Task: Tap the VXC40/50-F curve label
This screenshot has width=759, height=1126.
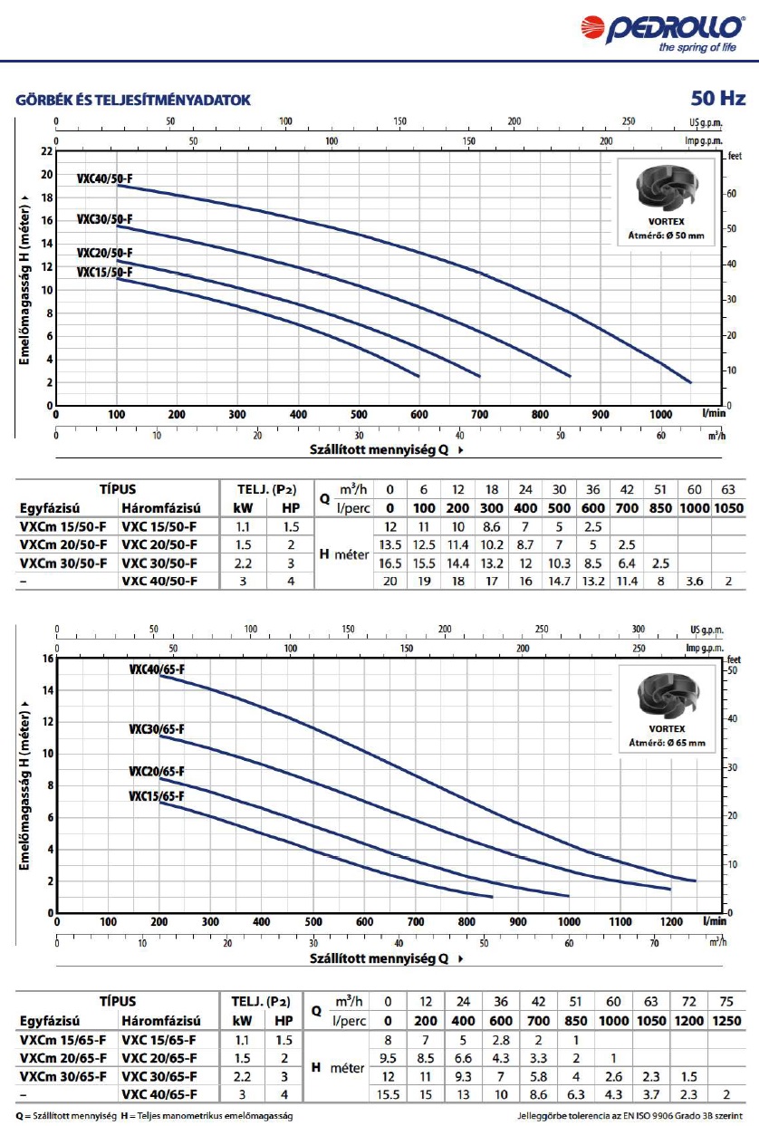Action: point(104,179)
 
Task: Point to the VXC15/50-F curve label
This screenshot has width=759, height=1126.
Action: point(104,271)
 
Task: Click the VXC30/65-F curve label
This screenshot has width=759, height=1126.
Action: point(157,728)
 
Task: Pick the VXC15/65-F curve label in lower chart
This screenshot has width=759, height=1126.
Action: point(157,796)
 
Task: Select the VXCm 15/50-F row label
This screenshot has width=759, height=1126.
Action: point(62,526)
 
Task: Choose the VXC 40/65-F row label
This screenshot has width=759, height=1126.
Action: point(159,1094)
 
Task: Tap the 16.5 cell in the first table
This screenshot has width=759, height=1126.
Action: point(389,563)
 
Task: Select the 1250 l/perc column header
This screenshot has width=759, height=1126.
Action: point(728,1021)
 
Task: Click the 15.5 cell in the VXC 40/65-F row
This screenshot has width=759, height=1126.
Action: point(389,1094)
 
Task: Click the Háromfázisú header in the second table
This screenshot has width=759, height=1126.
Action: point(160,1020)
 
